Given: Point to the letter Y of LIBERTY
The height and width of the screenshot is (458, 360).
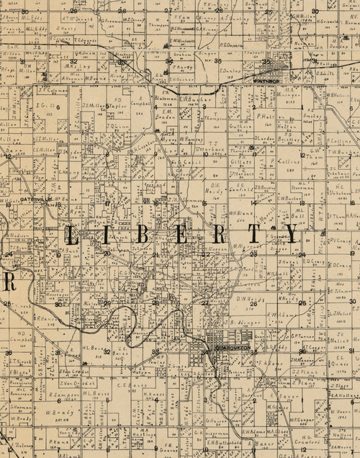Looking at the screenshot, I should point(290,233).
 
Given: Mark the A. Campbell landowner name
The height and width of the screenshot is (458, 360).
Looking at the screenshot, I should point(140,102).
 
